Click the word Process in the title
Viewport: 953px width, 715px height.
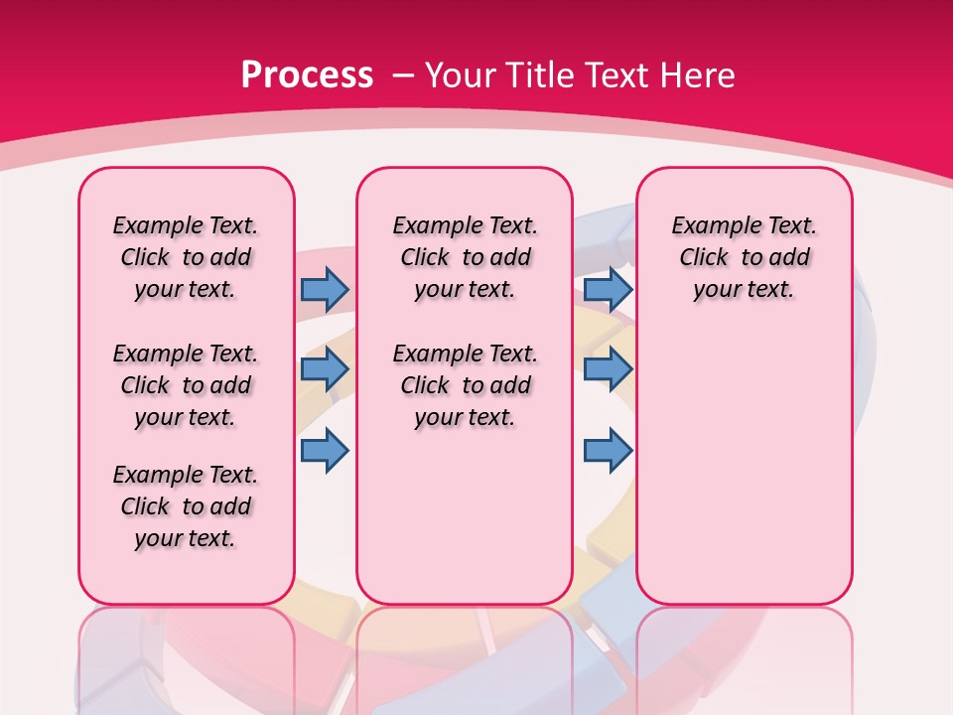(307, 74)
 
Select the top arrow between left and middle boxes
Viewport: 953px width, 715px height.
(325, 289)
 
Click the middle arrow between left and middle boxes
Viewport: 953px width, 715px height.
(325, 369)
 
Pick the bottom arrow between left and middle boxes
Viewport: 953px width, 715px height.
(325, 450)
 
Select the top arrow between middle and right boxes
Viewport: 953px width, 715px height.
(608, 289)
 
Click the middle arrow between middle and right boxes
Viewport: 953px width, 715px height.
(608, 369)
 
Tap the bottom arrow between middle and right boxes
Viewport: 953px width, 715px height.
(608, 450)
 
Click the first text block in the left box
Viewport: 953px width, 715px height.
(186, 257)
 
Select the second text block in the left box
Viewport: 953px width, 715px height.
(186, 385)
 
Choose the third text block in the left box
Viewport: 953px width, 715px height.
(186, 506)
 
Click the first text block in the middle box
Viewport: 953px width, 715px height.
(465, 257)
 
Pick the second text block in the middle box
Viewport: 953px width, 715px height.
(465, 385)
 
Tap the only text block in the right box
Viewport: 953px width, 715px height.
(744, 257)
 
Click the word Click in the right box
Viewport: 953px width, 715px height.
(704, 258)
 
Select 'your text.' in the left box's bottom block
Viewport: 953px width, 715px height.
(186, 538)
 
